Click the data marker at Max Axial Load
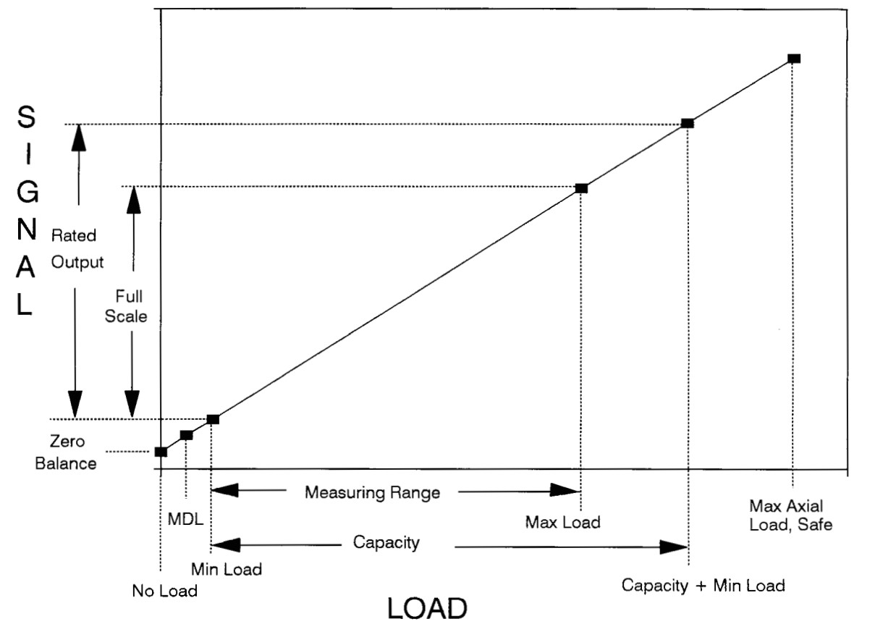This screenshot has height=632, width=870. click(793, 58)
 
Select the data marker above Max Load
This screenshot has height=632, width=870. click(580, 188)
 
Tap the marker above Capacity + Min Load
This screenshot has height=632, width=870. click(688, 124)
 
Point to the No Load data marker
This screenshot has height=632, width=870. click(161, 452)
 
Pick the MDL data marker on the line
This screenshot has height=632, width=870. click(187, 435)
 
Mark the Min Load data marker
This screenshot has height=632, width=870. click(213, 419)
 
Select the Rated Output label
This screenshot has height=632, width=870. click(77, 248)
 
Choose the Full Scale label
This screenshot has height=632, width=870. click(131, 306)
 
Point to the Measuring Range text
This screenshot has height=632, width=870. click(372, 493)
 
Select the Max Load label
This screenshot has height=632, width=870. click(564, 521)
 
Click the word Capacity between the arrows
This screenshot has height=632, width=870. click(386, 542)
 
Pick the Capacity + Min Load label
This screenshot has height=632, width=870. click(704, 585)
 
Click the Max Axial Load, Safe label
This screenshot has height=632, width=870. click(792, 513)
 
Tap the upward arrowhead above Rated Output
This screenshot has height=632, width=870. click(78, 137)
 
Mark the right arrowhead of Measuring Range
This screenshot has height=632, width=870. click(567, 492)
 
